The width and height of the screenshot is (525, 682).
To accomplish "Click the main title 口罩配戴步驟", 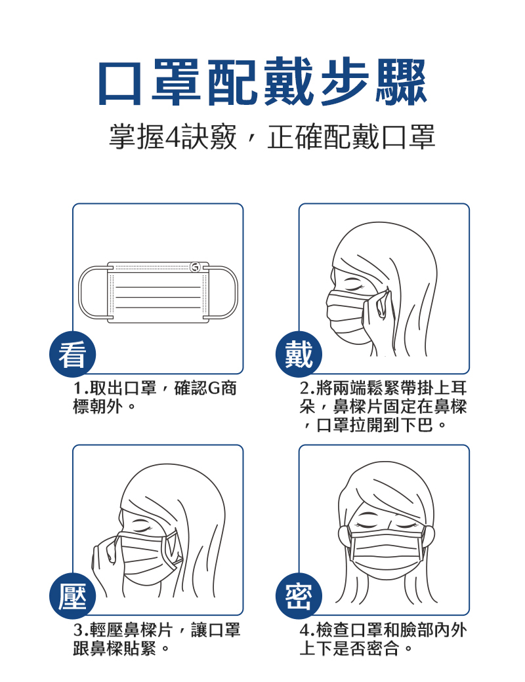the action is (x=262, y=83).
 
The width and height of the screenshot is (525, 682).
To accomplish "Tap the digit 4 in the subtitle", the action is (x=173, y=137).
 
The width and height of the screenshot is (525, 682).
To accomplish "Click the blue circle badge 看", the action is (x=72, y=355).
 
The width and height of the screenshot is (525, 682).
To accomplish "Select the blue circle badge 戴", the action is (x=299, y=355).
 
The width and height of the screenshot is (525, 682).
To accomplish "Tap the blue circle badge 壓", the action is (x=72, y=596).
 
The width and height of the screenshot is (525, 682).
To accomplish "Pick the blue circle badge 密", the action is (x=299, y=596).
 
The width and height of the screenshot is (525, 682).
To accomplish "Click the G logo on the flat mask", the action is (x=195, y=267).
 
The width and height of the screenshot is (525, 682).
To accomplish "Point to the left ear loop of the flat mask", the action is (x=80, y=291).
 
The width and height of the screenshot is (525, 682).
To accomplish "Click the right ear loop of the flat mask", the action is (x=236, y=291).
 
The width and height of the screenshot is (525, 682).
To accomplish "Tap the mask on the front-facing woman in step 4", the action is (x=387, y=549).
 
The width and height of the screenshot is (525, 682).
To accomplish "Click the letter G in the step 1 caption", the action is (x=215, y=388).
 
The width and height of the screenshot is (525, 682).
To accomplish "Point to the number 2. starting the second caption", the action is (x=307, y=388).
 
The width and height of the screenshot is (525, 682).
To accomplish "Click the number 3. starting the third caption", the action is (x=81, y=630).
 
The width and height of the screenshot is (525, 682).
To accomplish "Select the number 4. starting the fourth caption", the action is (x=307, y=630).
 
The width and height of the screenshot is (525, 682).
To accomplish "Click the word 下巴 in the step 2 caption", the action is (x=417, y=424).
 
